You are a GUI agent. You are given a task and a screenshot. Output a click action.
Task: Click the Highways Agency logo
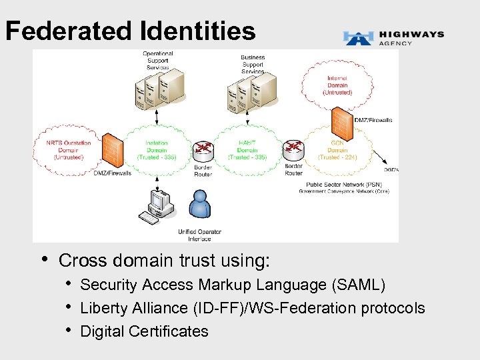point(393,37)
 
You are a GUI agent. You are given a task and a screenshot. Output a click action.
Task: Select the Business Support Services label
point(253,65)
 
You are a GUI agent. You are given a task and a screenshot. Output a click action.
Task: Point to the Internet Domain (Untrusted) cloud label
point(337,85)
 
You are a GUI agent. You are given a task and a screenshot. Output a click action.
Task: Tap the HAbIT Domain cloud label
point(247,150)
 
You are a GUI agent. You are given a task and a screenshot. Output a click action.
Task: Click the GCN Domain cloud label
point(337,150)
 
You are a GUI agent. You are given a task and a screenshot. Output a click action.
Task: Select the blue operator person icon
point(199,204)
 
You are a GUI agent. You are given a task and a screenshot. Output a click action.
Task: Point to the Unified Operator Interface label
point(199,235)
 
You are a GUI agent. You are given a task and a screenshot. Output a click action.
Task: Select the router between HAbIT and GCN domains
point(293,149)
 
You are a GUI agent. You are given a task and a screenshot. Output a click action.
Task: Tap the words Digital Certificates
point(144,331)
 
